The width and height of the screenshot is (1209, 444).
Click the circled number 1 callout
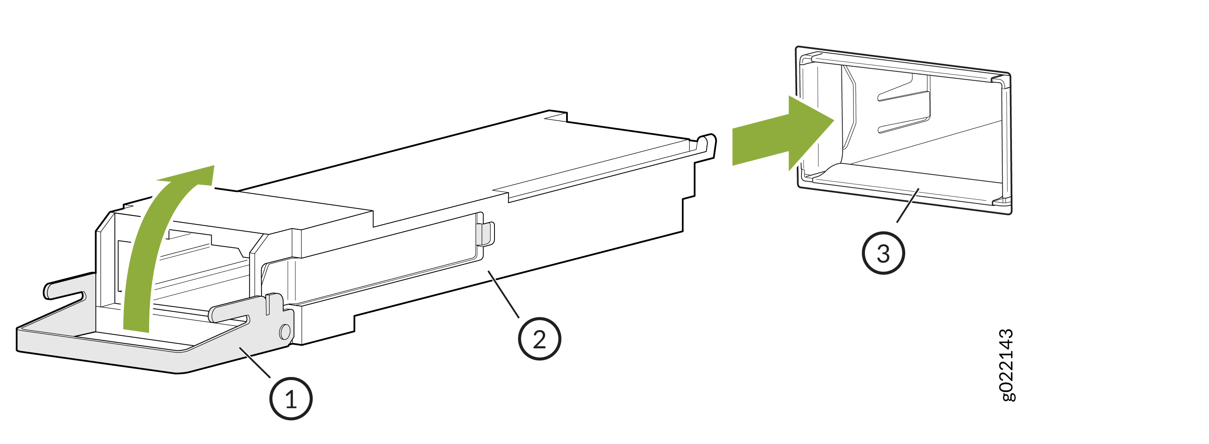click(291, 399)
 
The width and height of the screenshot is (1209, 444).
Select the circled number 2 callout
click(540, 339)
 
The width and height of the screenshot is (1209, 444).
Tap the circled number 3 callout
click(883, 253)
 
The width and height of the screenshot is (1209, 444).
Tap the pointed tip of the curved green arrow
click(214, 166)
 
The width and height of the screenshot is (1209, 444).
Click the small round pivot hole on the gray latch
click(285, 332)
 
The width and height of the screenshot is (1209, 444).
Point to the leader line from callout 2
click(504, 294)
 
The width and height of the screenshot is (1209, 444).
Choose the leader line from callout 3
click(908, 205)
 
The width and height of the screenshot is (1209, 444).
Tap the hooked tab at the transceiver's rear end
click(707, 146)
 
